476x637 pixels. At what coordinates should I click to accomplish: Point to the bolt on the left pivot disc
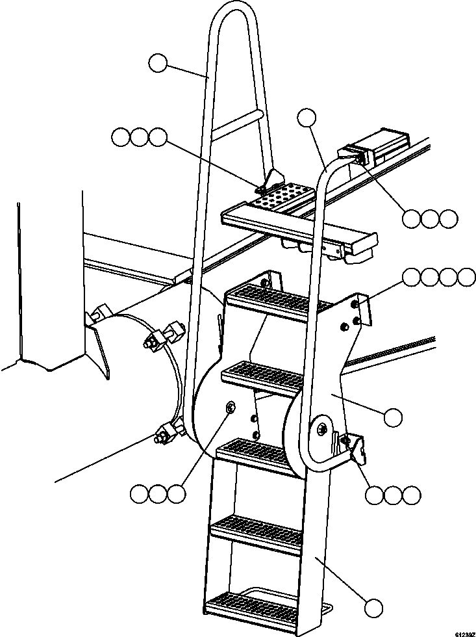pos(231,407)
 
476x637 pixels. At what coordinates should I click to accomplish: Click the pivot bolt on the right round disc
pos(323,429)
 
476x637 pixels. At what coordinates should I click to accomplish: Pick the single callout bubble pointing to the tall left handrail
pos(158,63)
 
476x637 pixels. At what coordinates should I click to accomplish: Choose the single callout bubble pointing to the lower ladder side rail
pos(373,608)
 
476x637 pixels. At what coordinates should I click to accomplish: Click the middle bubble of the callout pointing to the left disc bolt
pos(157,495)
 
